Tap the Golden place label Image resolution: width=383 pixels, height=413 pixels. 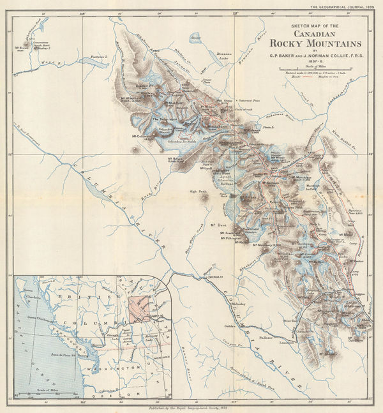click(227, 326)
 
